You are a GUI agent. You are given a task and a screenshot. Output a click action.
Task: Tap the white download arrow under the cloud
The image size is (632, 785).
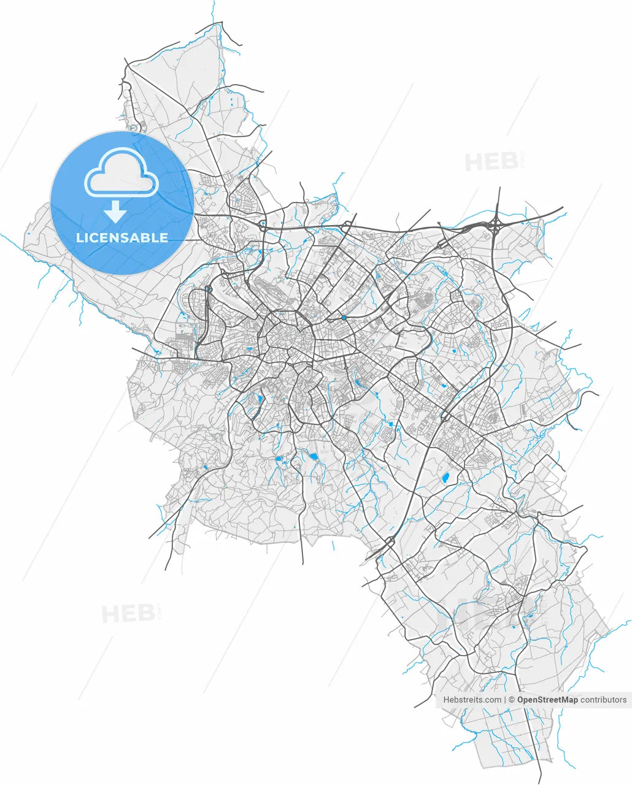click(x=115, y=212)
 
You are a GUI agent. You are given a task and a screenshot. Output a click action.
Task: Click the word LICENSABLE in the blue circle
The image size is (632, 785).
click(x=122, y=238)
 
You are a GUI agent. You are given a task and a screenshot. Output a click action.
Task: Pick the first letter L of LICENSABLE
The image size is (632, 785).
click(x=80, y=238)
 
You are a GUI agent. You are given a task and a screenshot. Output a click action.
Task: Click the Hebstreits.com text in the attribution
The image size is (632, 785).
click(x=471, y=700)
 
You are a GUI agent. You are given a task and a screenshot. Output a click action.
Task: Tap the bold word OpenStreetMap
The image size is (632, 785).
click(x=547, y=700)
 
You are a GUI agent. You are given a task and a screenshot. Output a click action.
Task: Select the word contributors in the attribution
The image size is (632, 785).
click(x=604, y=700)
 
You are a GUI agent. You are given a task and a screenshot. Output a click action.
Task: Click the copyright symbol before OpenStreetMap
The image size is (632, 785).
click(x=512, y=700)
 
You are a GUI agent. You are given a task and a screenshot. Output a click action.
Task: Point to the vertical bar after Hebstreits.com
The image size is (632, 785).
click(x=505, y=700)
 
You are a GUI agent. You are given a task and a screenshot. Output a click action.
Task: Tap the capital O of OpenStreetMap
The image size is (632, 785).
click(x=521, y=700)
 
